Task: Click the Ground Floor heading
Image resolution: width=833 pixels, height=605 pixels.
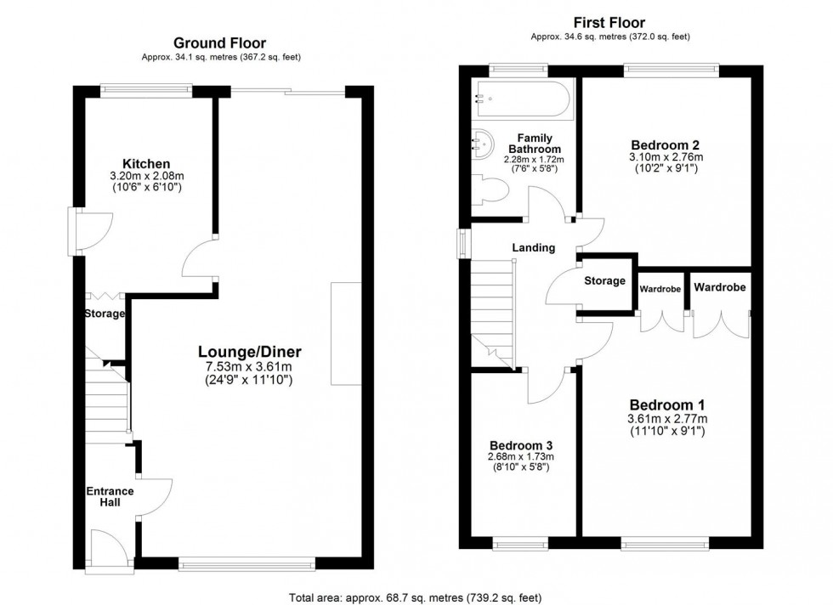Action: point(219,42)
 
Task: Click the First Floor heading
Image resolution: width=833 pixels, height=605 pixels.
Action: point(609,23)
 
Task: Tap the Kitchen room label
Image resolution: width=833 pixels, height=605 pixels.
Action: point(146,163)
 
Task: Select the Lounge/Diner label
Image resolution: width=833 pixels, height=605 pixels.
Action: point(251,351)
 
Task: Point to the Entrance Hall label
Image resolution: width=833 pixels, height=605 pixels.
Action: point(110,496)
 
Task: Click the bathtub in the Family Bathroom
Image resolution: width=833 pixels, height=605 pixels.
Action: point(520,99)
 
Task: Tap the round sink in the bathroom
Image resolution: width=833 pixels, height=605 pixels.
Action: point(484,146)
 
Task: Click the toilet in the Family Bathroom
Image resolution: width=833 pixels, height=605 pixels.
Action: point(490,189)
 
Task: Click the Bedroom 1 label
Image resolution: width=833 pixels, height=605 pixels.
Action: point(666,404)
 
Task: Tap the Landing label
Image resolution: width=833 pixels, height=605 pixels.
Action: point(533,248)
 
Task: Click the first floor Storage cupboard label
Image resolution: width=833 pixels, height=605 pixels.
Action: point(604,281)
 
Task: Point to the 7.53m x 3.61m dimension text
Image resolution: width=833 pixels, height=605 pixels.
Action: point(251,367)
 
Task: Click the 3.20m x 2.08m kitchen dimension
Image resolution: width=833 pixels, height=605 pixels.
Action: point(146,176)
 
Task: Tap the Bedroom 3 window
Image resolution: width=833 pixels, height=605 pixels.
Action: point(520,544)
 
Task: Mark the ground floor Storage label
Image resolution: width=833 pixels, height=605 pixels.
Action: point(105,314)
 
